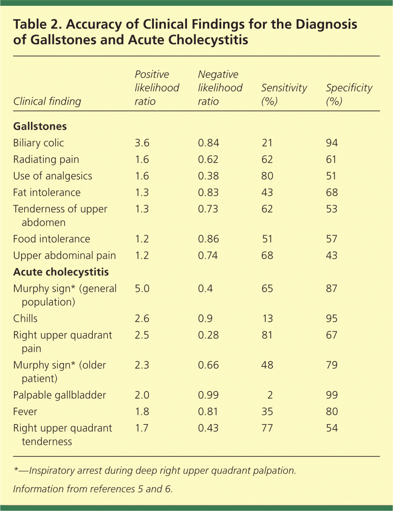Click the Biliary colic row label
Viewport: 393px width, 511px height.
tap(39, 143)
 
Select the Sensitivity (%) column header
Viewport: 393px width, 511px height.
tap(284, 94)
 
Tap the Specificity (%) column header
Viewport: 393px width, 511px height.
tap(349, 94)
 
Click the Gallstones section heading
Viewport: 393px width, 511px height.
tap(40, 126)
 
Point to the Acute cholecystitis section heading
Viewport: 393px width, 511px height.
tap(61, 272)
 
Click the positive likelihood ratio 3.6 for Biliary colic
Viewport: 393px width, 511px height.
tap(142, 143)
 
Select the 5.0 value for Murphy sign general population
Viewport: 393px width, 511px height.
tap(142, 288)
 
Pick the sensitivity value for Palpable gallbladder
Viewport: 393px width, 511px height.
tap(270, 395)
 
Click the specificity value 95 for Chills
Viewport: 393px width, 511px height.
tap(332, 318)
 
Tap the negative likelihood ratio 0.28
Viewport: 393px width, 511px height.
tap(208, 335)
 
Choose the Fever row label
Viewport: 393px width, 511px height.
tap(25, 411)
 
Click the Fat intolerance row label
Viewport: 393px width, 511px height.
tap(47, 193)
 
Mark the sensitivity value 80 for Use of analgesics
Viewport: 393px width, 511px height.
tap(267, 176)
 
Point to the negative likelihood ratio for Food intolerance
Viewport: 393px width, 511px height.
tap(208, 239)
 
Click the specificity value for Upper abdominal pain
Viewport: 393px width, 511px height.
tap(332, 256)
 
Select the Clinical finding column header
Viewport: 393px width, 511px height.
tap(47, 101)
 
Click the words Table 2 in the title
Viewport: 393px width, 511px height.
tap(37, 25)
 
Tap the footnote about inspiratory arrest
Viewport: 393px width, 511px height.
tap(155, 471)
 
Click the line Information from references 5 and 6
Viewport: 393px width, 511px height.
tap(93, 489)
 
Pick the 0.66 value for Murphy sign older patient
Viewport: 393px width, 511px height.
tap(208, 365)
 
